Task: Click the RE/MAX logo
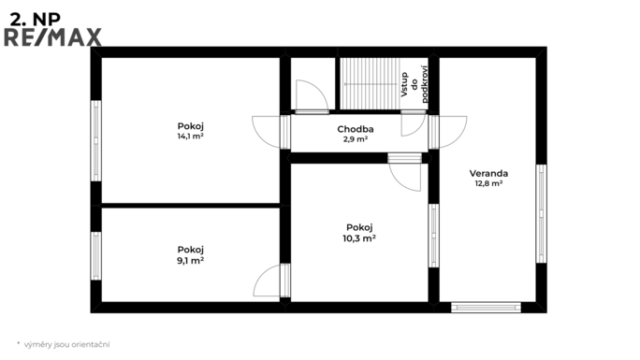pyautogui.click(x=52, y=37)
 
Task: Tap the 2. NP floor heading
pyautogui.click(x=36, y=19)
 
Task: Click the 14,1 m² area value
pyautogui.click(x=191, y=137)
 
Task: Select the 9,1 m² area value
pyautogui.click(x=191, y=261)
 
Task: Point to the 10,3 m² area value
pyautogui.click(x=359, y=238)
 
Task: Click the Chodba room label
pyautogui.click(x=356, y=129)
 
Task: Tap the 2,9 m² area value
pyautogui.click(x=356, y=139)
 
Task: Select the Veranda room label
pyautogui.click(x=488, y=173)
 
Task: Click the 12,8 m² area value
pyautogui.click(x=488, y=183)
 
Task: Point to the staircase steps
pyautogui.click(x=371, y=83)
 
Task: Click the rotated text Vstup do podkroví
pyautogui.click(x=415, y=84)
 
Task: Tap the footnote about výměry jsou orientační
pyautogui.click(x=64, y=344)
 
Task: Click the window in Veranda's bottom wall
pyautogui.click(x=486, y=308)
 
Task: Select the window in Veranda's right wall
pyautogui.click(x=541, y=213)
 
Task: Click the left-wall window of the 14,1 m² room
pyautogui.click(x=96, y=140)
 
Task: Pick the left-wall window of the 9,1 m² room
pyautogui.click(x=96, y=256)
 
